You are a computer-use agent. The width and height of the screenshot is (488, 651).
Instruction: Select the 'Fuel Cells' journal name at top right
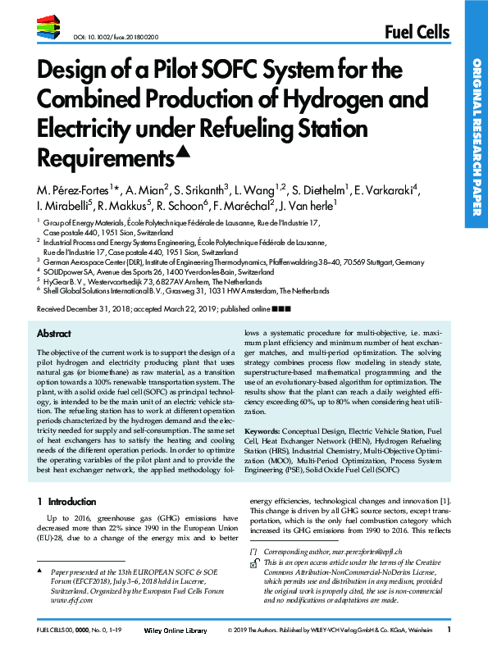coord(417,32)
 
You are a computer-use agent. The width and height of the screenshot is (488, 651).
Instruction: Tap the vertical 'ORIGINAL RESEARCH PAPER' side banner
coord(475,131)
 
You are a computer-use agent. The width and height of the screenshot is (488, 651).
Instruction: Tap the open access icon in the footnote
coord(255,565)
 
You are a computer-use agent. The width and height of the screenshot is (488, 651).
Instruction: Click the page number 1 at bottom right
coord(449,630)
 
